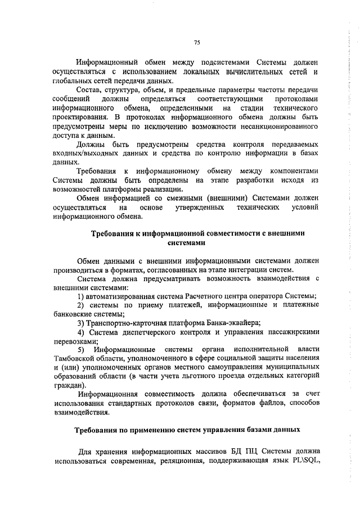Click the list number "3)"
pyautogui.click(x=82, y=323)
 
